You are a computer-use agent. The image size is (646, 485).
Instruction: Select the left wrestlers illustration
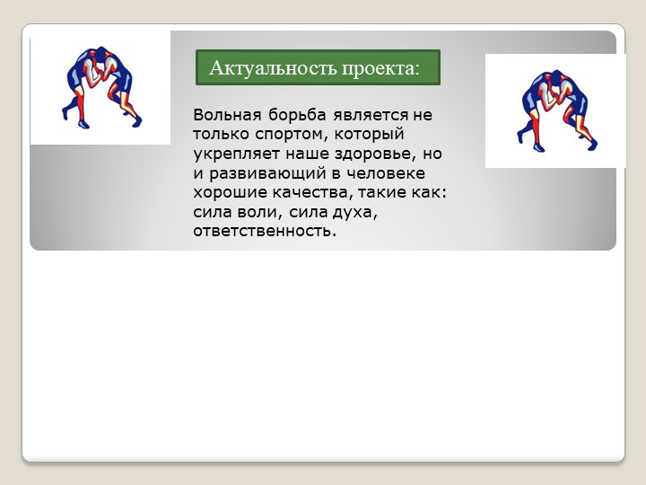pos(100,87)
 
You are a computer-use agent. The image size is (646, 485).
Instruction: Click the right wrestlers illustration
pos(556,110)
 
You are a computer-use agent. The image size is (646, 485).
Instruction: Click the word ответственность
pos(264,232)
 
